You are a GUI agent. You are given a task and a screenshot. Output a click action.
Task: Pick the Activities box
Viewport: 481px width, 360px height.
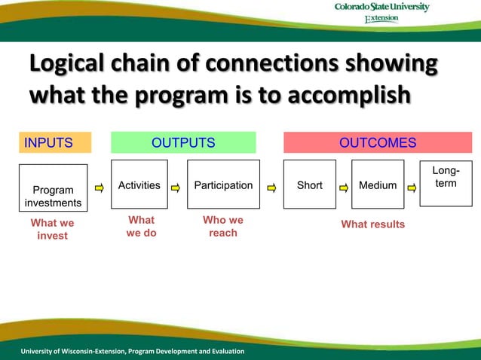pyautogui.click(x=139, y=185)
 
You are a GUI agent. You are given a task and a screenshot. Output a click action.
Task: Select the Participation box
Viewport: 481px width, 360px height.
pyautogui.click(x=223, y=185)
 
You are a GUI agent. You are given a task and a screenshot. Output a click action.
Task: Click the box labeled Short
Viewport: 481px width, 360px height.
pyautogui.click(x=310, y=185)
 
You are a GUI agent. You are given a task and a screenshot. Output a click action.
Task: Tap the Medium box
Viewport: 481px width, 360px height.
pyautogui.click(x=378, y=185)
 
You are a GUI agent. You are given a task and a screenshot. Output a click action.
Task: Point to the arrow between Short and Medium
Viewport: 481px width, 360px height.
pyautogui.click(x=344, y=186)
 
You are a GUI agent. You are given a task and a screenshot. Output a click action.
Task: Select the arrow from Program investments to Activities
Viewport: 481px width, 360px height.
pyautogui.click(x=100, y=186)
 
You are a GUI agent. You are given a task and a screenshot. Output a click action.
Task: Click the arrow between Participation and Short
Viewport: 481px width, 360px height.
pyautogui.click(x=271, y=186)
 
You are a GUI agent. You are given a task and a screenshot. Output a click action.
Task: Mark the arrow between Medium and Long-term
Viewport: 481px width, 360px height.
pyautogui.click(x=412, y=186)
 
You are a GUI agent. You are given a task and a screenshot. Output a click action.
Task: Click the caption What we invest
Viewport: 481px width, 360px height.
pyautogui.click(x=52, y=230)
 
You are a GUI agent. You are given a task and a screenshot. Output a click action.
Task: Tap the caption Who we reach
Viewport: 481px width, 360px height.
pyautogui.click(x=223, y=227)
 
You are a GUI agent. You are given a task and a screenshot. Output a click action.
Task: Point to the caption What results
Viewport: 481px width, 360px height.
pyautogui.click(x=372, y=224)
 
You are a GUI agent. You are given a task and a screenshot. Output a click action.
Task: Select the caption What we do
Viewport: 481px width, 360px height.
pyautogui.click(x=141, y=227)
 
